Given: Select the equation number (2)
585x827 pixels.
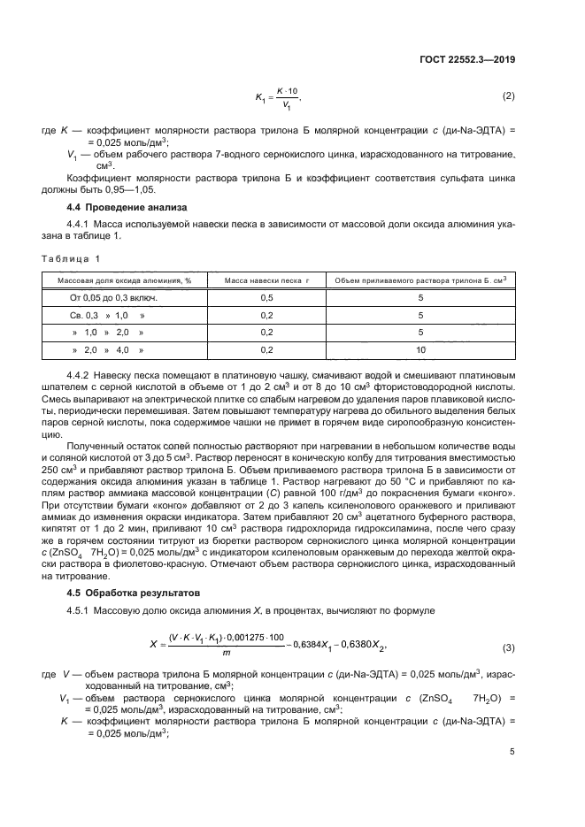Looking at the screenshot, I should [x=508, y=96].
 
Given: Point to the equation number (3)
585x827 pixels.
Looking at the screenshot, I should [x=508, y=648].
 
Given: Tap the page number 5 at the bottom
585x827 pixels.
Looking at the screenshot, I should [x=512, y=752].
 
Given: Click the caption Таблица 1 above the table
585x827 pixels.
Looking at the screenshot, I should [x=72, y=258].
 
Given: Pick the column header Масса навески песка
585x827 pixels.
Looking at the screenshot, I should [x=263, y=280].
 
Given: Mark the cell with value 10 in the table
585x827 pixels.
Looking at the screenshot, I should [x=420, y=350].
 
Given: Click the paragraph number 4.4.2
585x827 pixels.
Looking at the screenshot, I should [x=81, y=375].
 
